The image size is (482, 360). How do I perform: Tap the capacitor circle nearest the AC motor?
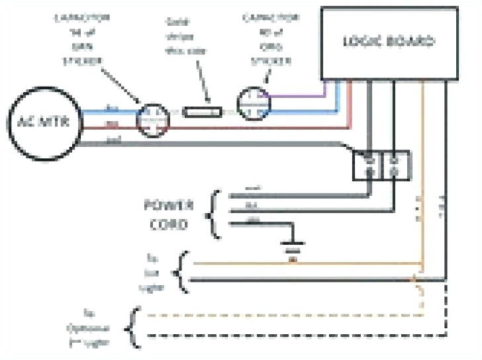154,119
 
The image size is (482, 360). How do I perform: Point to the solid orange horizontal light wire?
298,263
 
